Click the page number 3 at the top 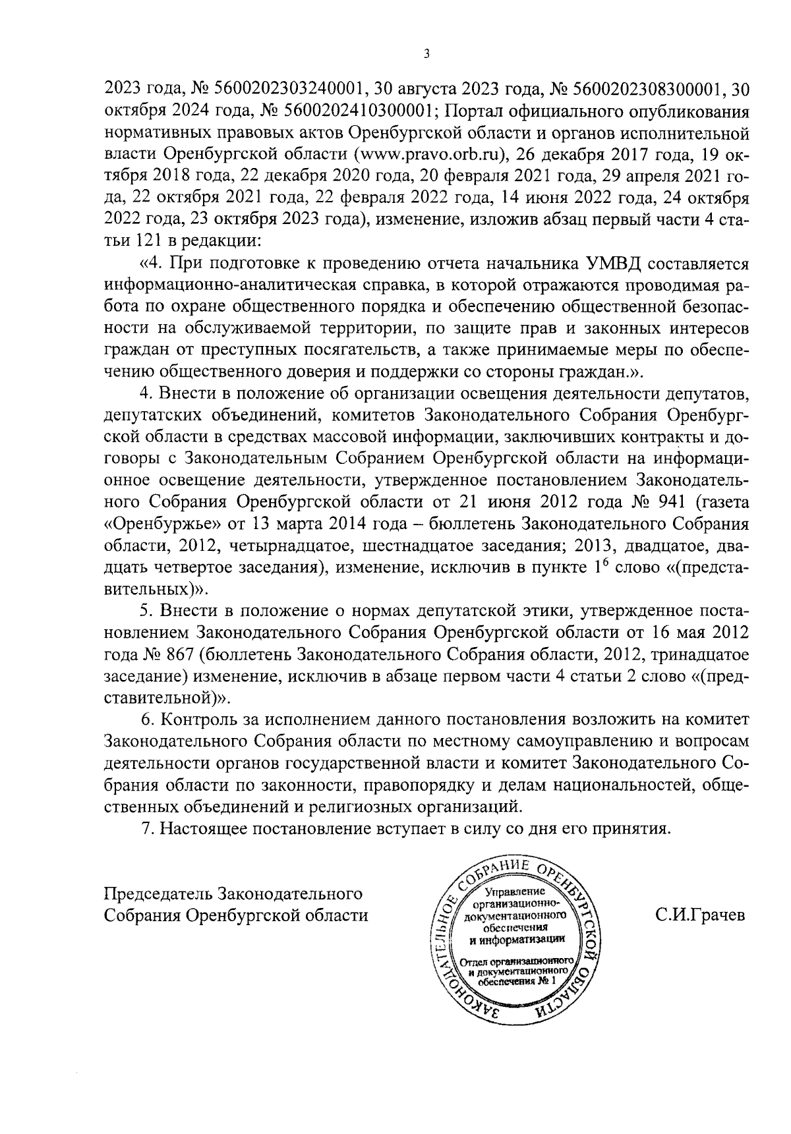click(x=426, y=54)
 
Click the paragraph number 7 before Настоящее click(x=146, y=829)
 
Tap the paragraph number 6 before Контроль click(x=146, y=720)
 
